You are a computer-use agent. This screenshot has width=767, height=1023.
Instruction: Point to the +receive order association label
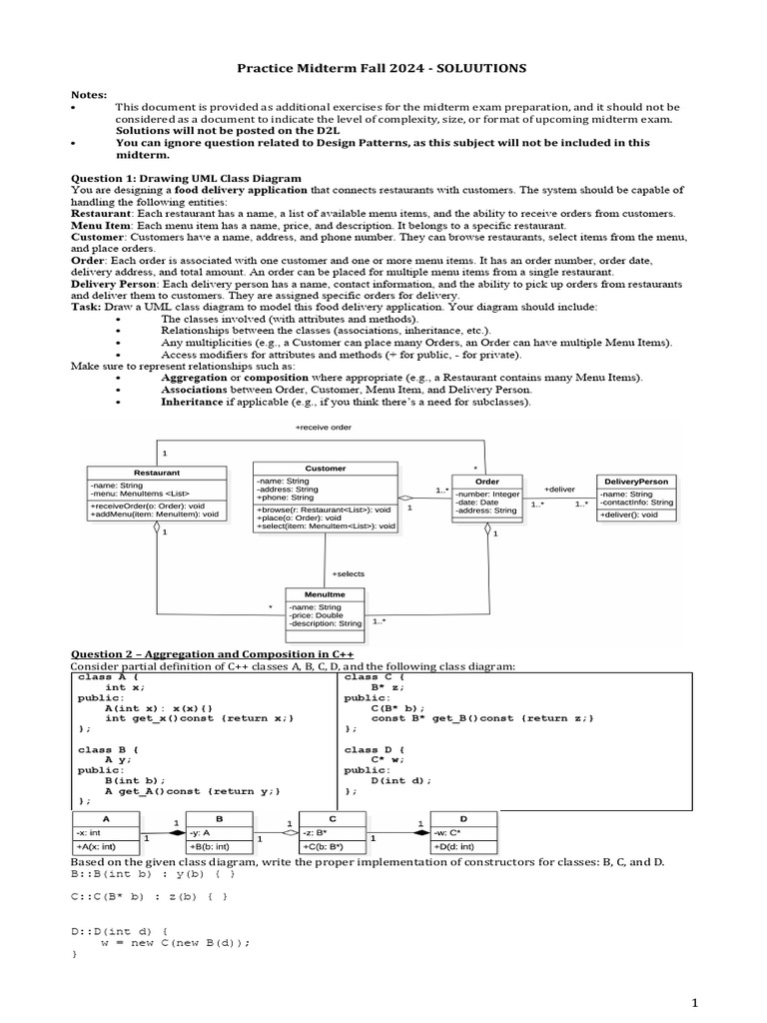(x=324, y=427)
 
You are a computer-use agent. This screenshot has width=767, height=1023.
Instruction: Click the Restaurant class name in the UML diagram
(x=157, y=471)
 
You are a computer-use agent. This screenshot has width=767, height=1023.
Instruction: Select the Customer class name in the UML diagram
(x=325, y=467)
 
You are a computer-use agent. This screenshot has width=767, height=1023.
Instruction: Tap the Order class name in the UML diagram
(x=487, y=481)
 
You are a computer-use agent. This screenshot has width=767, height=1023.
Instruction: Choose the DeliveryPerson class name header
(x=636, y=481)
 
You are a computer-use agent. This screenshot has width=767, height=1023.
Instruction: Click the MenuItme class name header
(x=325, y=594)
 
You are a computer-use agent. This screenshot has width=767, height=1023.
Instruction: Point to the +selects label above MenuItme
(x=348, y=573)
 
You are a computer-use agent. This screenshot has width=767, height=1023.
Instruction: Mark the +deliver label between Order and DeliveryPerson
(x=559, y=489)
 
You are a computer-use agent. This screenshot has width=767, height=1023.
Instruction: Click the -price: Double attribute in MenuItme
(x=317, y=614)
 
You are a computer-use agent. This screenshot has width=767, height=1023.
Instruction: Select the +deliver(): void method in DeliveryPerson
(x=629, y=514)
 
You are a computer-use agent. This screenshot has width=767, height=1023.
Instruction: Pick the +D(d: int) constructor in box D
(x=454, y=846)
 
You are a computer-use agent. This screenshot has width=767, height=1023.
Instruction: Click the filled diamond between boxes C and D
(x=418, y=829)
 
